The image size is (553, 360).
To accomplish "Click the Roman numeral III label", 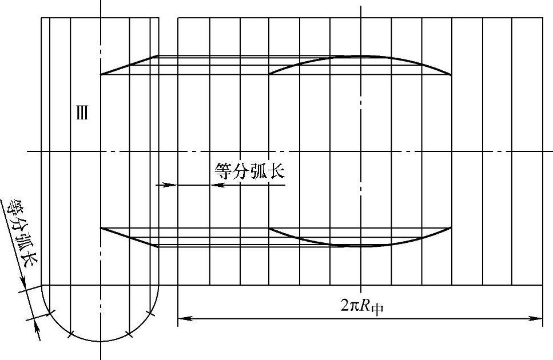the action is [x=82, y=113].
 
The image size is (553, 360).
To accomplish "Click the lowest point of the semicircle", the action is [x=101, y=341].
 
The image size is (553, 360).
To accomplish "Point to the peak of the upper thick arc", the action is [x=360, y=56].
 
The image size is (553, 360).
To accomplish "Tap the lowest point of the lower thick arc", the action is [x=360, y=246].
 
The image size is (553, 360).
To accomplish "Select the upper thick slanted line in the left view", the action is [x=129, y=65].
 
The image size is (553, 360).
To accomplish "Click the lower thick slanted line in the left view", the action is [x=129, y=237].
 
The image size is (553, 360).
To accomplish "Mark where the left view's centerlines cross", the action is [x=101, y=151].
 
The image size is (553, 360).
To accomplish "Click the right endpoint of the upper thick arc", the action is [x=451, y=75].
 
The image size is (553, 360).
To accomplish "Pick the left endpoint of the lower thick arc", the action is [x=269, y=228].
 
